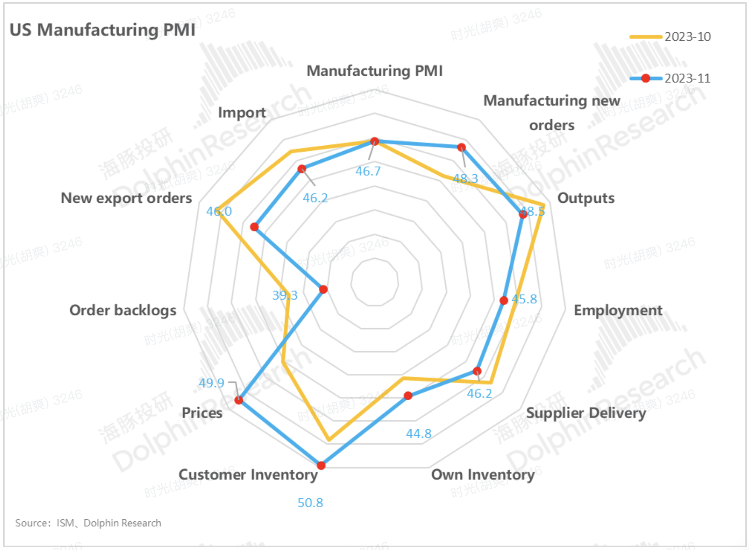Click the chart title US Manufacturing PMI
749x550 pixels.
(x=102, y=30)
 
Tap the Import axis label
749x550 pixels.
(x=242, y=113)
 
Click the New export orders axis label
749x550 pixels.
(x=126, y=198)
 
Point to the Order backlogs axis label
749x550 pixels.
(x=123, y=310)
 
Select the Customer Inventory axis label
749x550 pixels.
(x=248, y=475)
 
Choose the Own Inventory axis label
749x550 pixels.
(x=483, y=475)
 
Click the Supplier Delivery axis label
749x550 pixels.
(x=586, y=413)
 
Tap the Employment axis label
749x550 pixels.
(x=618, y=310)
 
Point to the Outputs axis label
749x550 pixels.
(x=586, y=198)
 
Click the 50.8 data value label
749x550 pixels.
(x=310, y=503)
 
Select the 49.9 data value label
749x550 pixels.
(x=211, y=383)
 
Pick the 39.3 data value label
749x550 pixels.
(x=285, y=295)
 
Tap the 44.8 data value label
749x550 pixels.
(x=418, y=434)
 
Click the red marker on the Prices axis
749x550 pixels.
(x=238, y=400)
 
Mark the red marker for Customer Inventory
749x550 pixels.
(x=321, y=466)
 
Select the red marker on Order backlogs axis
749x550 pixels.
(x=323, y=289)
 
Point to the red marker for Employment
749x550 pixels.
(x=504, y=300)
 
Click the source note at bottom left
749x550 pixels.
(x=88, y=523)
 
